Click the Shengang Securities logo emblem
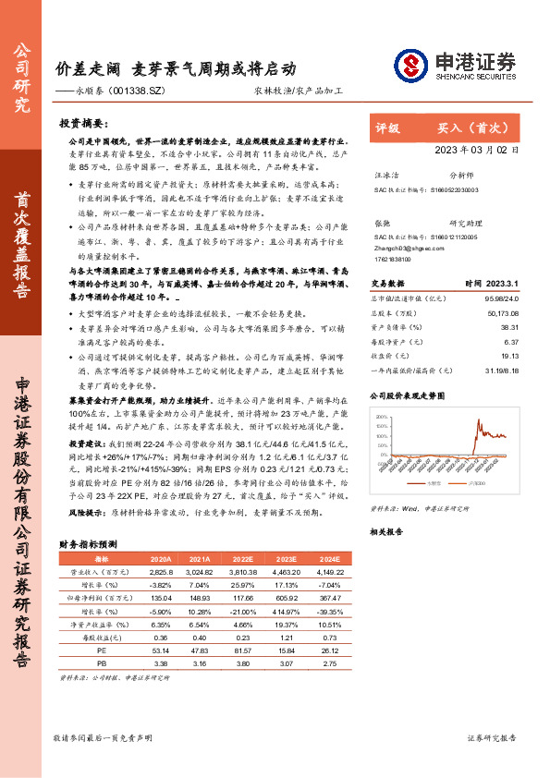coord(411,66)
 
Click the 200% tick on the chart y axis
coord(382,417)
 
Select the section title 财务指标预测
coord(87,544)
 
